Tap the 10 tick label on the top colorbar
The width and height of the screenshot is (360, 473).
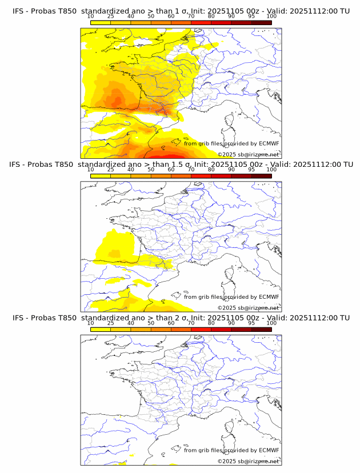click(90, 16)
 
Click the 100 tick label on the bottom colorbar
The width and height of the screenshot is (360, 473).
click(271, 323)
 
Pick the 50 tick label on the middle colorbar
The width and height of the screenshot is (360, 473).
click(151, 170)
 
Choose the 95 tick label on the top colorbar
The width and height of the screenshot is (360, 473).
click(251, 16)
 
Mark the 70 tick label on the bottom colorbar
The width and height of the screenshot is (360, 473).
click(191, 323)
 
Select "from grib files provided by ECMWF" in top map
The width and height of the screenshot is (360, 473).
click(231, 143)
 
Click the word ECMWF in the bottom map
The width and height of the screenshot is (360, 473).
click(269, 450)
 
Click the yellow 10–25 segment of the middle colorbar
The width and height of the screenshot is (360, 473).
click(101, 176)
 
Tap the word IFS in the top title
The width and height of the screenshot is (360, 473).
click(19, 11)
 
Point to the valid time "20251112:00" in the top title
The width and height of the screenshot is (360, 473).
click(315, 11)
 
